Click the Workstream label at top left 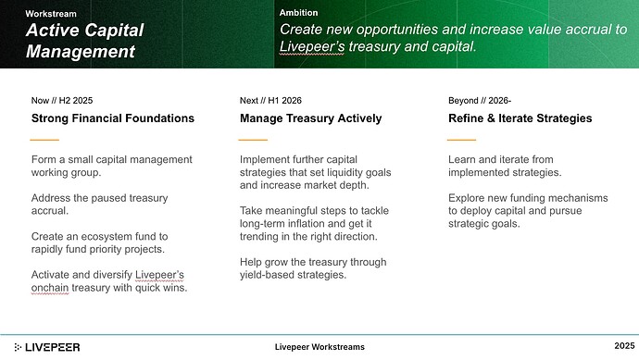click(x=51, y=14)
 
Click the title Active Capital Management click(x=84, y=41)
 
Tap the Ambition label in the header click(x=298, y=13)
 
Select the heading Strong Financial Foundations click(x=113, y=118)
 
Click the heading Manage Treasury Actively click(x=310, y=118)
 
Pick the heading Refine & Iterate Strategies click(x=520, y=118)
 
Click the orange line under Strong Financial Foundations click(x=45, y=140)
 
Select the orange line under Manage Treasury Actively click(x=253, y=140)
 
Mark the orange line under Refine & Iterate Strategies click(x=461, y=140)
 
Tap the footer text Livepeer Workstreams click(x=319, y=346)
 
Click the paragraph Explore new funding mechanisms click(x=528, y=211)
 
